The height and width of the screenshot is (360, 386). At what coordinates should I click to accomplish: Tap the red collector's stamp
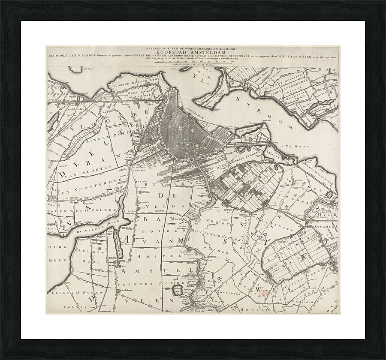click(263, 293)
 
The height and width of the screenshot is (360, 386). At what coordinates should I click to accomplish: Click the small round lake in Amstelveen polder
click(176, 291)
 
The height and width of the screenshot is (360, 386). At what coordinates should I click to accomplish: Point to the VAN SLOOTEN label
click(92, 169)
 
